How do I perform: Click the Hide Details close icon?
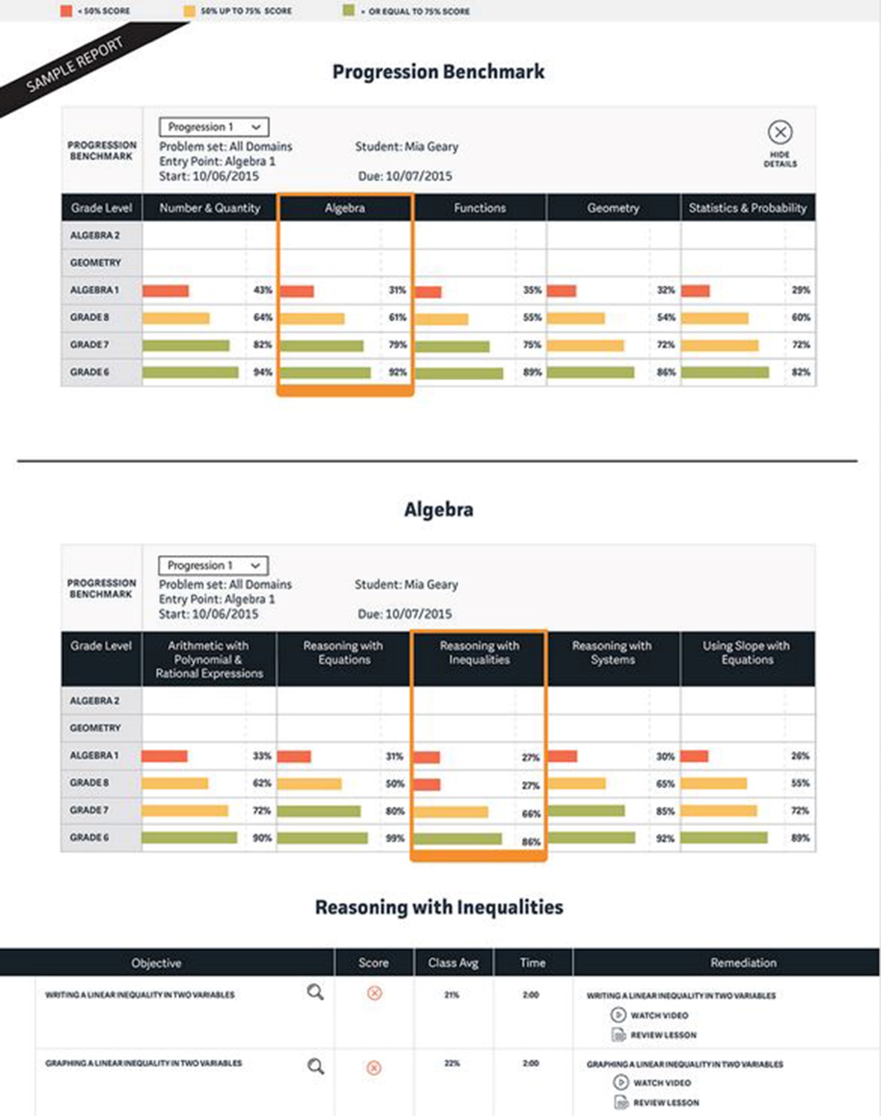pyautogui.click(x=779, y=132)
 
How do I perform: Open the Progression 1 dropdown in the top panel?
pyautogui.click(x=214, y=127)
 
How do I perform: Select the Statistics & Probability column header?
pyautogui.click(x=747, y=208)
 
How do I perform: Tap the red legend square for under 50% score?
pyautogui.click(x=66, y=10)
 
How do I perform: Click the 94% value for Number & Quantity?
pyautogui.click(x=262, y=372)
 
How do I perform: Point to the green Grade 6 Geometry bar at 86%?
pyautogui.click(x=590, y=372)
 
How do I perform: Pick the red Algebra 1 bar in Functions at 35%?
pyautogui.click(x=428, y=292)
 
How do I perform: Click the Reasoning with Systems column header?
pyautogui.click(x=612, y=652)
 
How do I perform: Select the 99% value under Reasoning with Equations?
pyautogui.click(x=395, y=838)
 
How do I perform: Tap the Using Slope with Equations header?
pyautogui.click(x=746, y=652)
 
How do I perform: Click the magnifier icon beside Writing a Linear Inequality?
pyautogui.click(x=315, y=992)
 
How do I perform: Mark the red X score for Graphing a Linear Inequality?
pyautogui.click(x=374, y=1067)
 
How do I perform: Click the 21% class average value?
pyautogui.click(x=452, y=995)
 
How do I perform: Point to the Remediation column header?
pyautogui.click(x=743, y=963)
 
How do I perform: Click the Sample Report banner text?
pyautogui.click(x=74, y=65)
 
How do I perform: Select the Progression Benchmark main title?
pyautogui.click(x=438, y=72)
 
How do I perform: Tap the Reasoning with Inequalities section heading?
pyautogui.click(x=439, y=907)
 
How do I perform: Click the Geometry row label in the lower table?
pyautogui.click(x=95, y=728)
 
